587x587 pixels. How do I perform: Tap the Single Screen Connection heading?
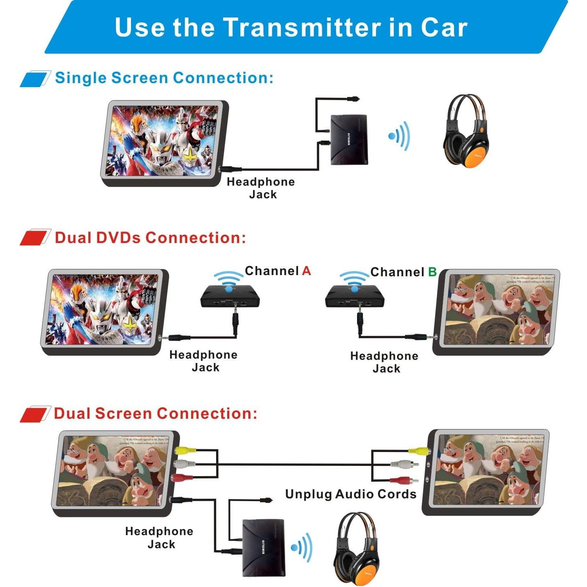(164, 78)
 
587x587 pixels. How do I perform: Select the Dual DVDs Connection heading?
(150, 237)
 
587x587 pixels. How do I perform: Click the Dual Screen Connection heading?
(155, 413)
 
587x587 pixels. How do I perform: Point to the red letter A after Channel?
(306, 271)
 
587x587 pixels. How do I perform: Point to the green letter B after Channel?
(432, 272)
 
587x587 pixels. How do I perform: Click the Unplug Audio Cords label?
(351, 494)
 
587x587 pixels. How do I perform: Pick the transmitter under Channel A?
(230, 297)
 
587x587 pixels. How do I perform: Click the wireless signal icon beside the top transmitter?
(399, 136)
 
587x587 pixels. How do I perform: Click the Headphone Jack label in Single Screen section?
(261, 188)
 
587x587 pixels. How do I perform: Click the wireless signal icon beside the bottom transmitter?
(302, 547)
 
